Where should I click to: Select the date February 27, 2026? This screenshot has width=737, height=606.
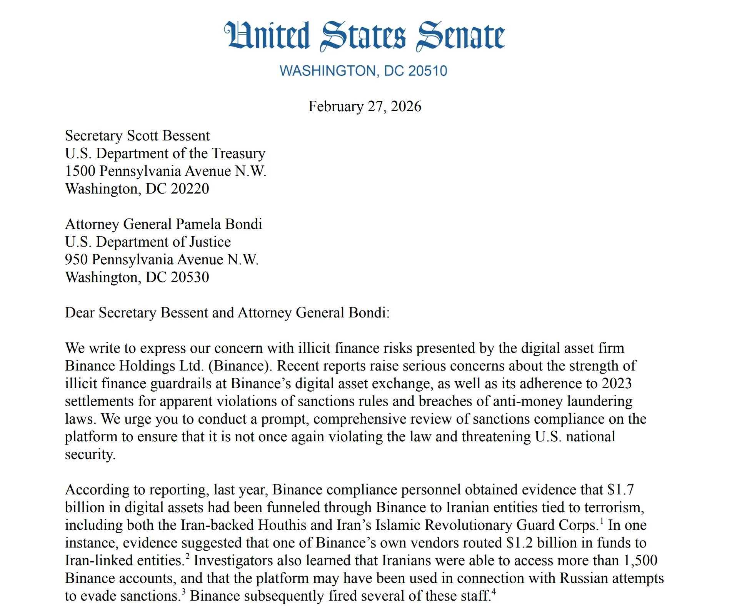[x=364, y=107]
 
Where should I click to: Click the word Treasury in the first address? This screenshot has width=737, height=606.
[x=238, y=154]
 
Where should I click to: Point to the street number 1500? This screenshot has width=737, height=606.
[x=80, y=171]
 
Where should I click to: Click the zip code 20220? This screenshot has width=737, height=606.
[x=190, y=189]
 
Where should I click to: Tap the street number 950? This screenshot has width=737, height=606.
[x=76, y=260]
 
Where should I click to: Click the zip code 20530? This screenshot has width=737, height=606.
[x=190, y=277]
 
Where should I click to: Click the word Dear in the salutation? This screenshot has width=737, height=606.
[x=80, y=313]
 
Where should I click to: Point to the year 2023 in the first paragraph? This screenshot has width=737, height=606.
[x=617, y=384]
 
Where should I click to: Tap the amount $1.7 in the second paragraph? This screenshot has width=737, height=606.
[x=620, y=490]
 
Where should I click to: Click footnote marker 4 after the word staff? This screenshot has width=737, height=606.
[x=494, y=592]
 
